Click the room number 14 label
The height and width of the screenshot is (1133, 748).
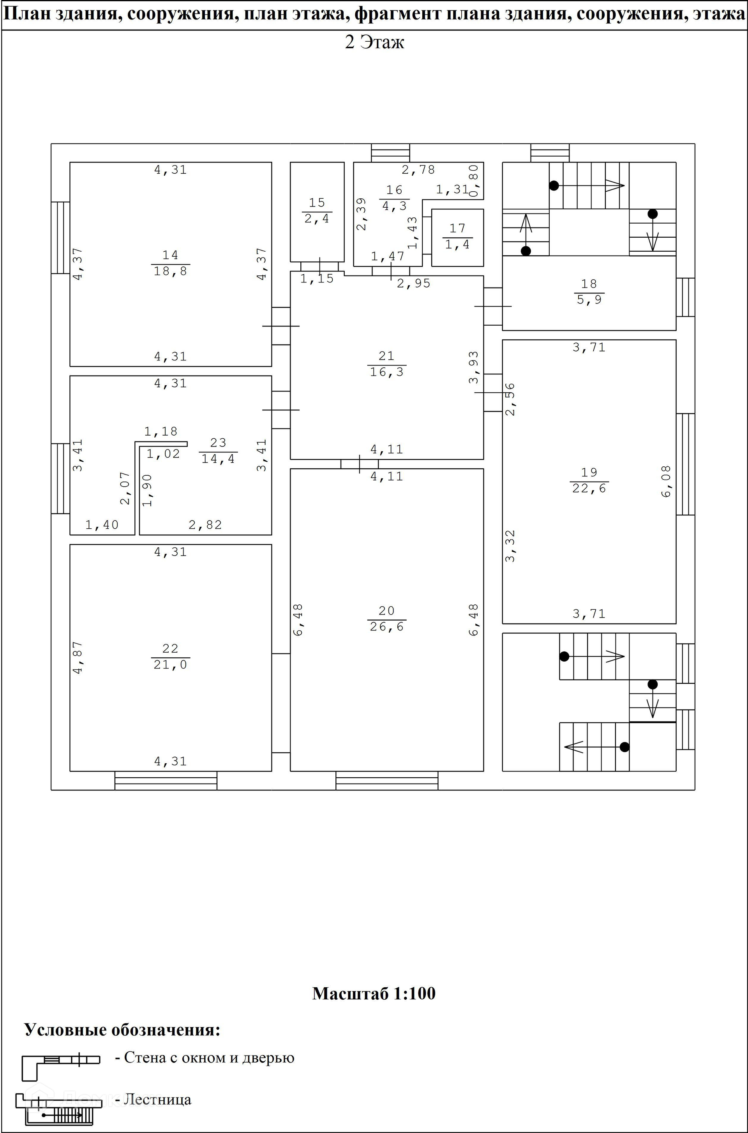(x=170, y=255)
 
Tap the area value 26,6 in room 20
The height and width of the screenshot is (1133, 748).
(x=386, y=627)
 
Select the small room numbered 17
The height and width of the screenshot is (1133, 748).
(x=457, y=237)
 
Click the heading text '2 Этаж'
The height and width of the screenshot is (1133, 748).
(x=374, y=42)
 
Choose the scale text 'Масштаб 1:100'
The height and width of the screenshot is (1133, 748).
(x=374, y=993)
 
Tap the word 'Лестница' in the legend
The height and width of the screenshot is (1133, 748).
(x=157, y=1099)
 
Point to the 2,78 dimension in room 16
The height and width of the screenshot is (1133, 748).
(x=418, y=170)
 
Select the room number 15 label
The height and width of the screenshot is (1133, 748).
(x=317, y=203)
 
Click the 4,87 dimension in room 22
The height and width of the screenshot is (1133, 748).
(x=78, y=657)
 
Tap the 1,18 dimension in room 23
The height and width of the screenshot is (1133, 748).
(x=161, y=431)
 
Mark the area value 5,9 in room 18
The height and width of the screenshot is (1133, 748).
(x=589, y=300)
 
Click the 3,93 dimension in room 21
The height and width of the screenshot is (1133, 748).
(x=474, y=367)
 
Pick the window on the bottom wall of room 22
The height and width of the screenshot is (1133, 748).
(x=166, y=781)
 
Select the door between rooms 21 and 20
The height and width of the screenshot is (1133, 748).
(x=360, y=464)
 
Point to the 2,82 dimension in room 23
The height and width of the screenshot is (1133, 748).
(x=205, y=525)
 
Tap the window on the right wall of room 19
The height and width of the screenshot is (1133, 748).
(x=686, y=464)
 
